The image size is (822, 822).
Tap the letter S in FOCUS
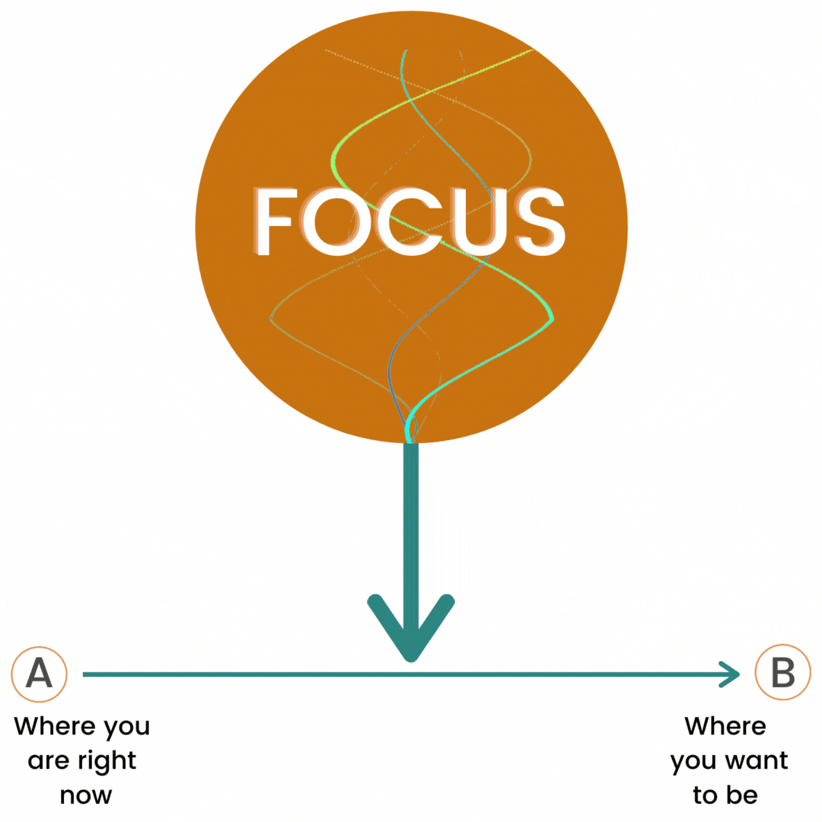click(540, 221)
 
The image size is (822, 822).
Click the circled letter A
click(40, 674)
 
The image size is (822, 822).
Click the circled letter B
click(782, 672)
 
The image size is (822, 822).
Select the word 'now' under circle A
click(85, 796)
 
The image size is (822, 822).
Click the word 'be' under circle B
click(742, 795)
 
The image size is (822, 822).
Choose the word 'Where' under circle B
click(725, 727)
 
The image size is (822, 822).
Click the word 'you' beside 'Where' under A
click(127, 728)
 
